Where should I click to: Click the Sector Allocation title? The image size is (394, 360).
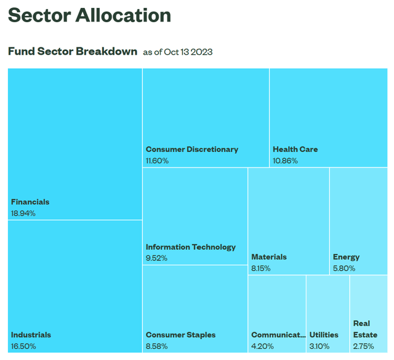coord(89,15)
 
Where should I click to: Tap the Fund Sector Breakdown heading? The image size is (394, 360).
coord(72,51)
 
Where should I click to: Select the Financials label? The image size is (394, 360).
coord(30,202)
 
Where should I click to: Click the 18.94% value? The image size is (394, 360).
coord(23,214)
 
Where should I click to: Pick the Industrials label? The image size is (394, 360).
coord(31,335)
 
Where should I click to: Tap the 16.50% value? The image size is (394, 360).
coord(23,346)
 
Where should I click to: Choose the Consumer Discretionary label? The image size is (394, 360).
coord(191,149)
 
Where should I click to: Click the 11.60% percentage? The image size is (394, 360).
coord(157,161)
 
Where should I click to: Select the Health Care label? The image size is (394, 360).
coord(295,149)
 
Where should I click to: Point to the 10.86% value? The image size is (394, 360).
coord(285,161)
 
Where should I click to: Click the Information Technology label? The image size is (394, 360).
coord(190,247)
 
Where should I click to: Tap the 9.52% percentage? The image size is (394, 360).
coord(156,258)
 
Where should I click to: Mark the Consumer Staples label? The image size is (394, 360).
coord(180,335)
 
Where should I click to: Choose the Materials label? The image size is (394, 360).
coord(268,257)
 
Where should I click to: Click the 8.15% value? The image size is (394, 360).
coord(261,268)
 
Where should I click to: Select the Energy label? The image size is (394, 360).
coord(346,257)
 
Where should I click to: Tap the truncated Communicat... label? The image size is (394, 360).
coord(278,335)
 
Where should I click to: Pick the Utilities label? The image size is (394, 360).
coord(323,335)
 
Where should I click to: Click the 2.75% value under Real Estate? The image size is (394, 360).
coord(363,346)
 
